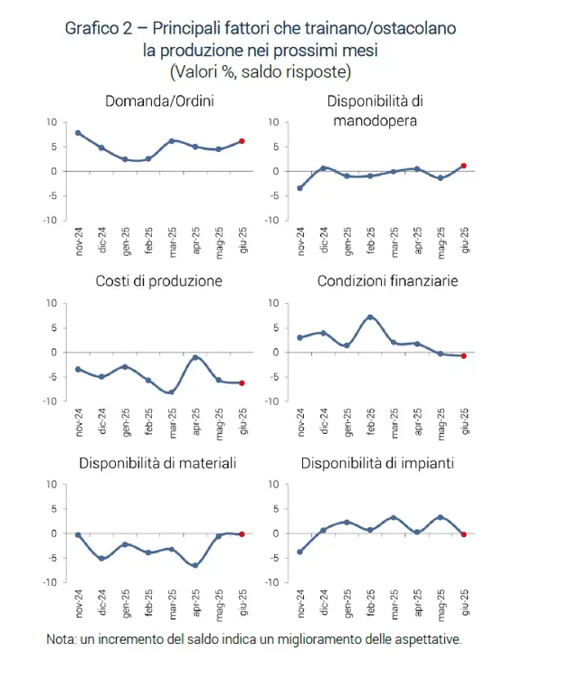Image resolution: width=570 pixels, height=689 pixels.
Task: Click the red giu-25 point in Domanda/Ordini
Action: (x=242, y=141)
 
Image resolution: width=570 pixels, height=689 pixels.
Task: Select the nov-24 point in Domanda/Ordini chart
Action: (x=79, y=133)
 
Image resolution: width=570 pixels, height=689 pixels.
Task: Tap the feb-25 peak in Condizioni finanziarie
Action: (x=370, y=316)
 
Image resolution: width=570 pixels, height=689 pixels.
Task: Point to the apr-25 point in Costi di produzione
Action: (x=195, y=358)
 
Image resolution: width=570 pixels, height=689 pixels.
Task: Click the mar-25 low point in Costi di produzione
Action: (x=172, y=392)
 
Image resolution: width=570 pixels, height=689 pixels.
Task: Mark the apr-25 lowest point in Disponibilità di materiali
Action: (x=195, y=565)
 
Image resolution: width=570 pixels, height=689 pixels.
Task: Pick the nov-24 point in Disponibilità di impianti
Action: (x=300, y=552)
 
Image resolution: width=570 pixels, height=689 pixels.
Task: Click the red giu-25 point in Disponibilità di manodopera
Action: (x=463, y=165)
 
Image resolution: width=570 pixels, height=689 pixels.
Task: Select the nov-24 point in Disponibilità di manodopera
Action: (x=300, y=188)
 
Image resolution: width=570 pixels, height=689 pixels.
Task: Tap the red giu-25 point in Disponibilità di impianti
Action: (x=463, y=534)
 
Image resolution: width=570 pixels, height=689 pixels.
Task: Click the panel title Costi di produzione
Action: (x=158, y=281)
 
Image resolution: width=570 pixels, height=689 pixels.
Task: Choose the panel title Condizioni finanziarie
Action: (x=387, y=281)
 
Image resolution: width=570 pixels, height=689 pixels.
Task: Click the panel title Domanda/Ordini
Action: (x=159, y=101)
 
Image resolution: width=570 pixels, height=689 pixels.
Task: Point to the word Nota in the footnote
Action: (x=61, y=639)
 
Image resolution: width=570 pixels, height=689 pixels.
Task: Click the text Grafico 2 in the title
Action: (x=99, y=29)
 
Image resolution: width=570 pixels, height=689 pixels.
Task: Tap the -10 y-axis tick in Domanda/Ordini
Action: (x=50, y=220)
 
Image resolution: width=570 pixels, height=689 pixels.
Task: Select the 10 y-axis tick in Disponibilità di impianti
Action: (x=273, y=485)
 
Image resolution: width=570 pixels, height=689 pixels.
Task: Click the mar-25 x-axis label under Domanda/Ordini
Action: (x=172, y=241)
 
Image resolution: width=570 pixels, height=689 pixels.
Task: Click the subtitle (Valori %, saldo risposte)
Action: (x=261, y=71)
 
